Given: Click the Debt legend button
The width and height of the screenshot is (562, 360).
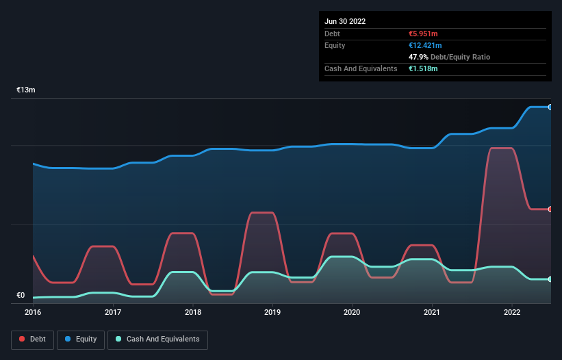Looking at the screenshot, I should tap(32, 339).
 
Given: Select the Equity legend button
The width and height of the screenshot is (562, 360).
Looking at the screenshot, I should tap(81, 339).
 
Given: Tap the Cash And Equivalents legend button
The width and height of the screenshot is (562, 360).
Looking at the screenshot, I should tap(157, 339).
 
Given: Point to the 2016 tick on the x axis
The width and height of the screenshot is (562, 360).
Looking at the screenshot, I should tap(33, 312).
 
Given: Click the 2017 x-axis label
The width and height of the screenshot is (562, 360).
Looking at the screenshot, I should tap(113, 312).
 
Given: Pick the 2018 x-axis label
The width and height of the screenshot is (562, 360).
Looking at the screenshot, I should tap(193, 312).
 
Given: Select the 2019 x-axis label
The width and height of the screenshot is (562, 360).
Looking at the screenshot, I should tap(272, 312).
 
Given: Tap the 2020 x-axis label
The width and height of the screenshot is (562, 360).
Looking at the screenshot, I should tap(353, 312).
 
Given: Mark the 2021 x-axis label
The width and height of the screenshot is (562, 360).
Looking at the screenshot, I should tap(432, 312).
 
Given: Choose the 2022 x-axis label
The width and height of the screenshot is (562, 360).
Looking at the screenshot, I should tap(512, 312).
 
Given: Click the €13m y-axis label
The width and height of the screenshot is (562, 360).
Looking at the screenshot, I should tap(26, 90).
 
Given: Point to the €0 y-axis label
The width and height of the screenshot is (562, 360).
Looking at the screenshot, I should tap(21, 296).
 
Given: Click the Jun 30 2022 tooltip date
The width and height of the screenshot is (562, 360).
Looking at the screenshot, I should tap(345, 21).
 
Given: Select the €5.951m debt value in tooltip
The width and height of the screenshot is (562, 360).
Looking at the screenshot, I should tap(423, 34).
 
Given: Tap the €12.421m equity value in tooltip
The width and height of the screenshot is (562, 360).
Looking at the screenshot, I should tap(425, 45).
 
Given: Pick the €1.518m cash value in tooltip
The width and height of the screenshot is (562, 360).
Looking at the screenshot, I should tap(423, 68).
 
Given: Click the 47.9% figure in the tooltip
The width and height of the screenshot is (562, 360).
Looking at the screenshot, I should tap(419, 57).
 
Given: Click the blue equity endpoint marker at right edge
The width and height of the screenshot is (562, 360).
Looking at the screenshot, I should tap(550, 107).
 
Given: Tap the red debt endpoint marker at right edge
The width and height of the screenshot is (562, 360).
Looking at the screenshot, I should tap(550, 209).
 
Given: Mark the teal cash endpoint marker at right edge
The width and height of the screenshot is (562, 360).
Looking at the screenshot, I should tap(550, 279).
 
